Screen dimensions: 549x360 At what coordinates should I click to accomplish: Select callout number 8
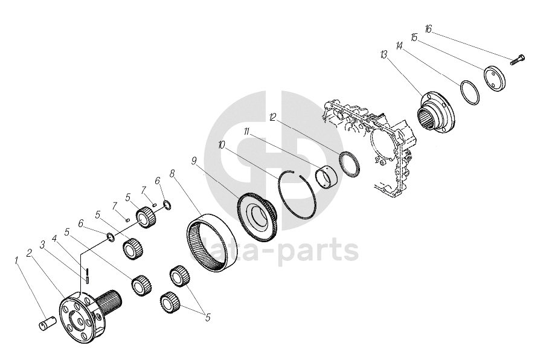pyautogui.click(x=172, y=174)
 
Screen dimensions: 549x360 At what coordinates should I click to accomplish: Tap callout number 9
pyautogui.click(x=194, y=161)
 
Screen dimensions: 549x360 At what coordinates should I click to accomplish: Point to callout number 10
pyautogui.click(x=222, y=145)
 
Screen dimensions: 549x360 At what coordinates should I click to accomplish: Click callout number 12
pyautogui.click(x=273, y=117)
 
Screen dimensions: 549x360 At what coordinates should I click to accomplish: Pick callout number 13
pyautogui.click(x=384, y=54)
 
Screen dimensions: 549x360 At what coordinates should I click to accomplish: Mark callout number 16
pyautogui.click(x=428, y=28)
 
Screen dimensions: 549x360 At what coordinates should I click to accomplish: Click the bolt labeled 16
pyautogui.click(x=517, y=60)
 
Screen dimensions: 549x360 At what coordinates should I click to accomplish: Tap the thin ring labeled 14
pyautogui.click(x=470, y=92)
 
